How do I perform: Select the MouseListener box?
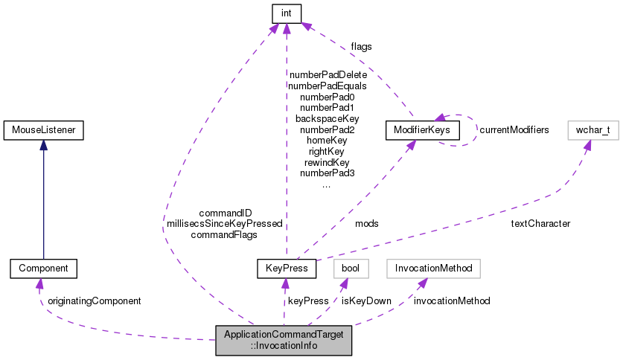[x=42, y=131]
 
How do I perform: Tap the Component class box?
[x=42, y=268]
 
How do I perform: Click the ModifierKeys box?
[x=422, y=131]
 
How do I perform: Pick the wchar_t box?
[x=592, y=131]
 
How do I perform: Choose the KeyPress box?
[x=286, y=268]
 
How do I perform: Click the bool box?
[x=351, y=268]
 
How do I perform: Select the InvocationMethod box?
[x=433, y=268]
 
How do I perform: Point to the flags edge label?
[x=361, y=46]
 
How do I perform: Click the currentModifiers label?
[x=514, y=130]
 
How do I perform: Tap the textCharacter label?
[x=540, y=223]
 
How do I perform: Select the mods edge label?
[x=366, y=223]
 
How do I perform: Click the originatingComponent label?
[x=94, y=301]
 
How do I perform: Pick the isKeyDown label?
[x=366, y=301]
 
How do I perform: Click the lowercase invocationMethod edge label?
[x=452, y=301]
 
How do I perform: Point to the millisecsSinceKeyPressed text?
[x=224, y=223]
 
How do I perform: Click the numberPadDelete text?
[x=328, y=74]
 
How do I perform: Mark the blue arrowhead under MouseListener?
[x=42, y=146]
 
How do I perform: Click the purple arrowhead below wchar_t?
[x=587, y=146]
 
